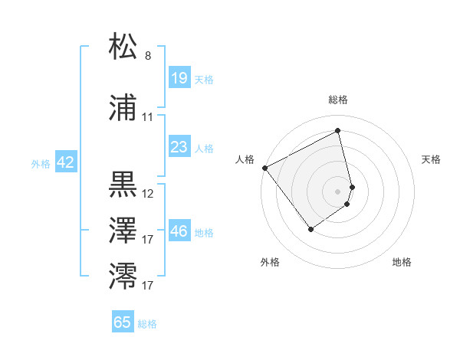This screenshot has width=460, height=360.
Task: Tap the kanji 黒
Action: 123,185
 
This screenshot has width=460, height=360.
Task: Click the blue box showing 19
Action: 179,78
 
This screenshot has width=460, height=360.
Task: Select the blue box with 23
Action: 179,147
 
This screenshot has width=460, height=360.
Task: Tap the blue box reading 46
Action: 179,231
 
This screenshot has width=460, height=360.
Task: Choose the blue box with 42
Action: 65,162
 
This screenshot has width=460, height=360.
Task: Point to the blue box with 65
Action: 123,322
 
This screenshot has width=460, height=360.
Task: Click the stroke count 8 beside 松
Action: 148,56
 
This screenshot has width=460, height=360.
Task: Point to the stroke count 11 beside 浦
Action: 147,118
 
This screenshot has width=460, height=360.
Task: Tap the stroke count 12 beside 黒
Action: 148,194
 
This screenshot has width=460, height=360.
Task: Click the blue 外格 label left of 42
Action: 41,163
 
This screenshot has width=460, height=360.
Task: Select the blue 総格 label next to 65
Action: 147,324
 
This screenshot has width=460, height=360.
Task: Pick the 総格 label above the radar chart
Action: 337,100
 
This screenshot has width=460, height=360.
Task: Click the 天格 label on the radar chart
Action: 431,159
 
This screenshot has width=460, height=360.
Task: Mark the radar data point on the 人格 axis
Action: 264,168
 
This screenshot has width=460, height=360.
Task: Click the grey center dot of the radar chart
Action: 337,191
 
